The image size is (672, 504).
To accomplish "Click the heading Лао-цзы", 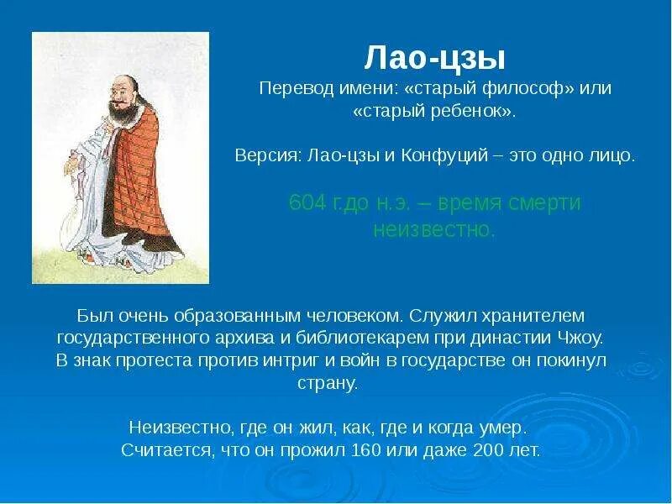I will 434,59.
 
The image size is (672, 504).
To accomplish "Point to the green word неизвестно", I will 433,229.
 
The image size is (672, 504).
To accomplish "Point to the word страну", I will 328,383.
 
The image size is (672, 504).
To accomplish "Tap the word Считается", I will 166,449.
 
